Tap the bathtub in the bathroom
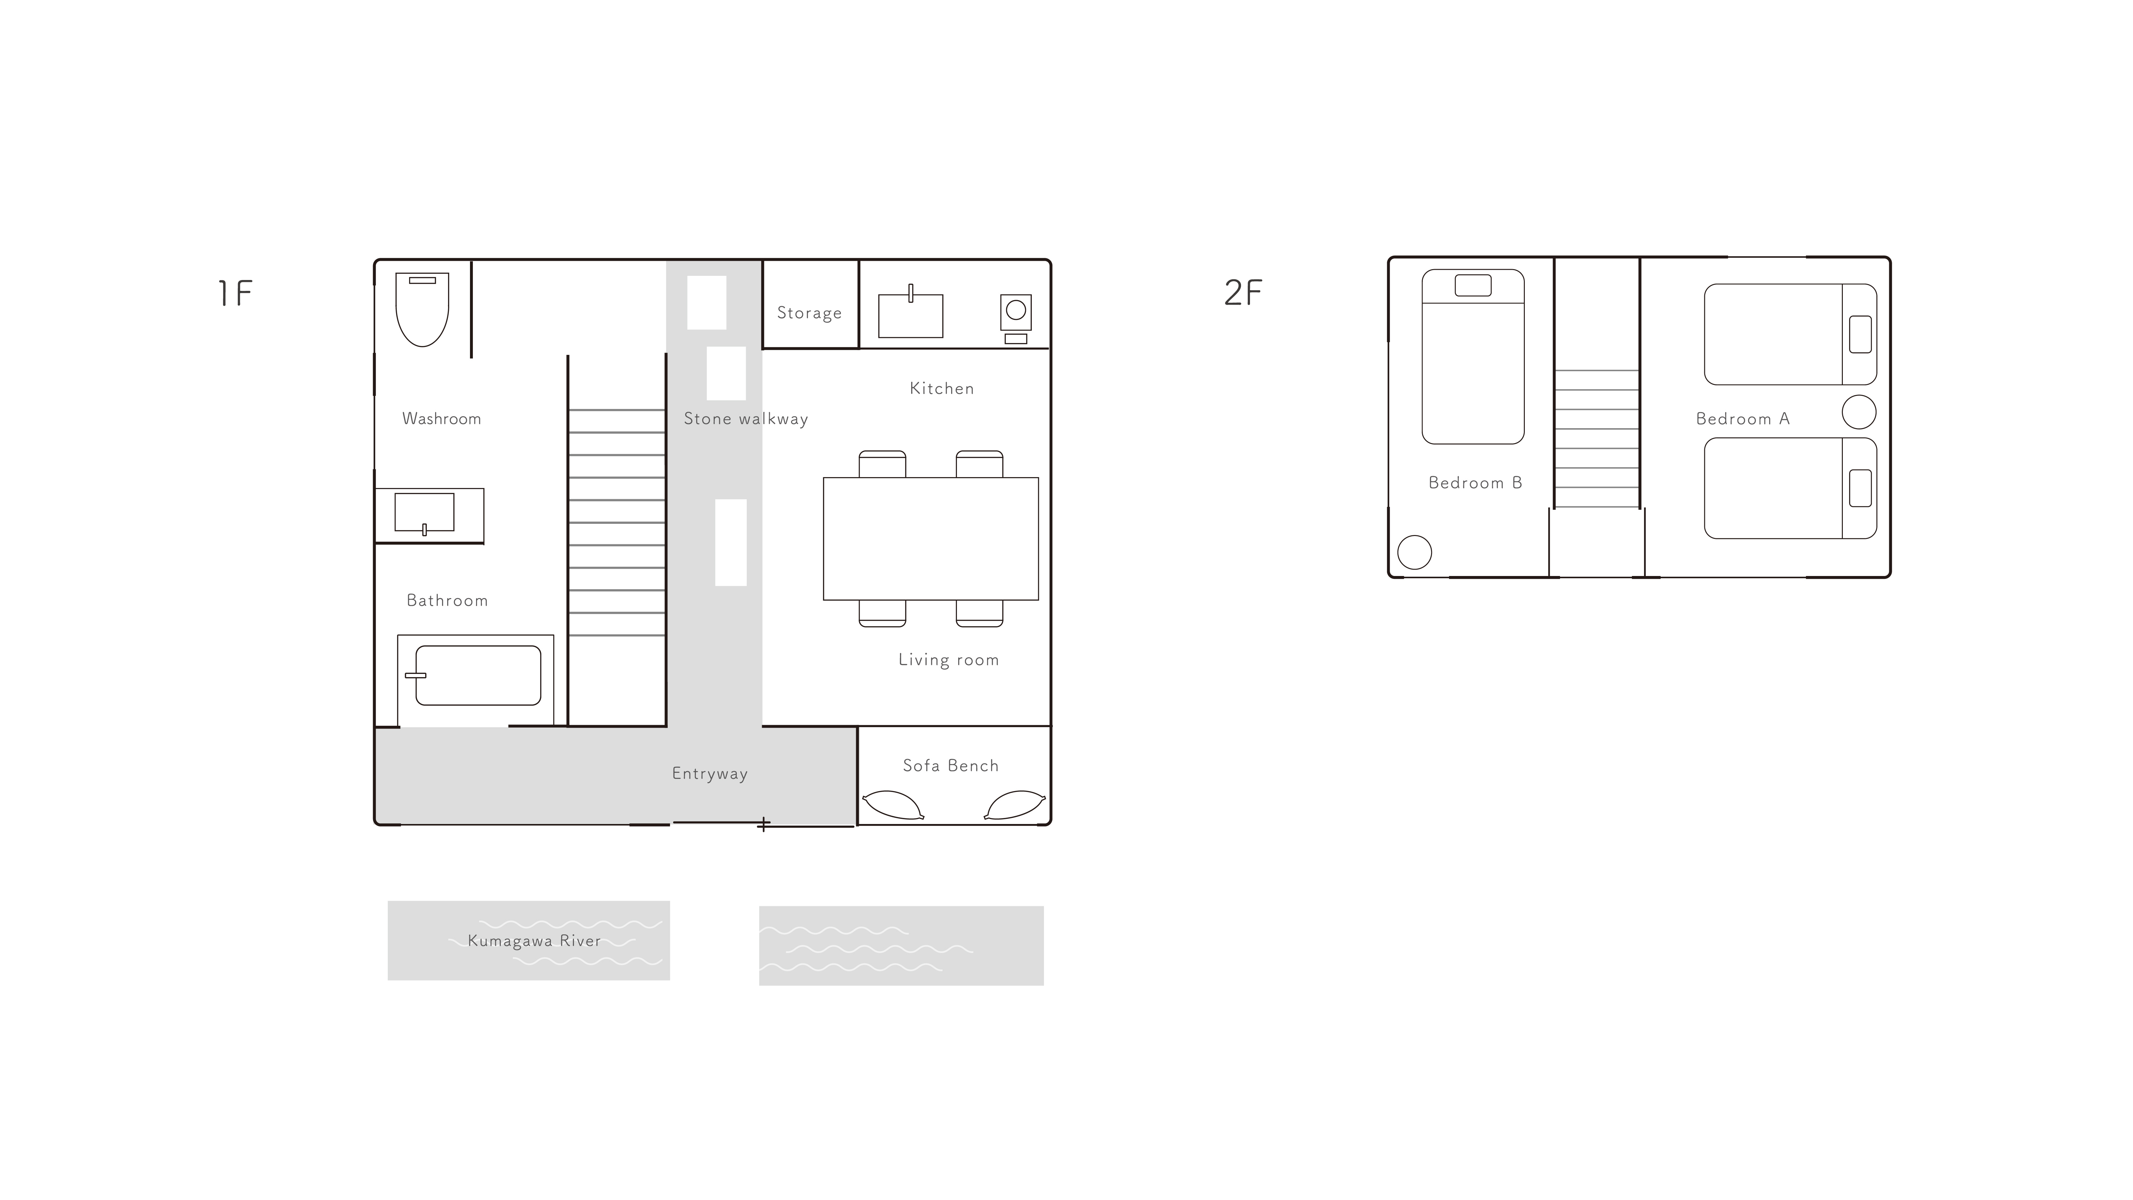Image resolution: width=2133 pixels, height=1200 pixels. point(478,676)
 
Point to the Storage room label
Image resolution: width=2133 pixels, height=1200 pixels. point(809,313)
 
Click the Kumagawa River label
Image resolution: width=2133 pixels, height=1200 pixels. point(534,941)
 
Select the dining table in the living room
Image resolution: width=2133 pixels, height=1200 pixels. point(931,538)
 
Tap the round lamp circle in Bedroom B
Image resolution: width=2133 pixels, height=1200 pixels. point(1414,552)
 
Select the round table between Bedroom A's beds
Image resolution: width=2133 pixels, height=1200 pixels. point(1859,412)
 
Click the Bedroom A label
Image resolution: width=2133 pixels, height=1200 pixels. point(1743,419)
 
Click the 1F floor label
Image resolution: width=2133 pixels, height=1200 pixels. point(235,293)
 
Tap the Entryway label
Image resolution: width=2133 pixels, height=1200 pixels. point(710,773)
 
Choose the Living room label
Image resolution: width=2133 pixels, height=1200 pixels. point(949,660)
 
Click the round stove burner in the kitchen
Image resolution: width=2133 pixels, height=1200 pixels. point(1016,310)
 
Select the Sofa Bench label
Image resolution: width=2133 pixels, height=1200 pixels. point(951,766)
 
